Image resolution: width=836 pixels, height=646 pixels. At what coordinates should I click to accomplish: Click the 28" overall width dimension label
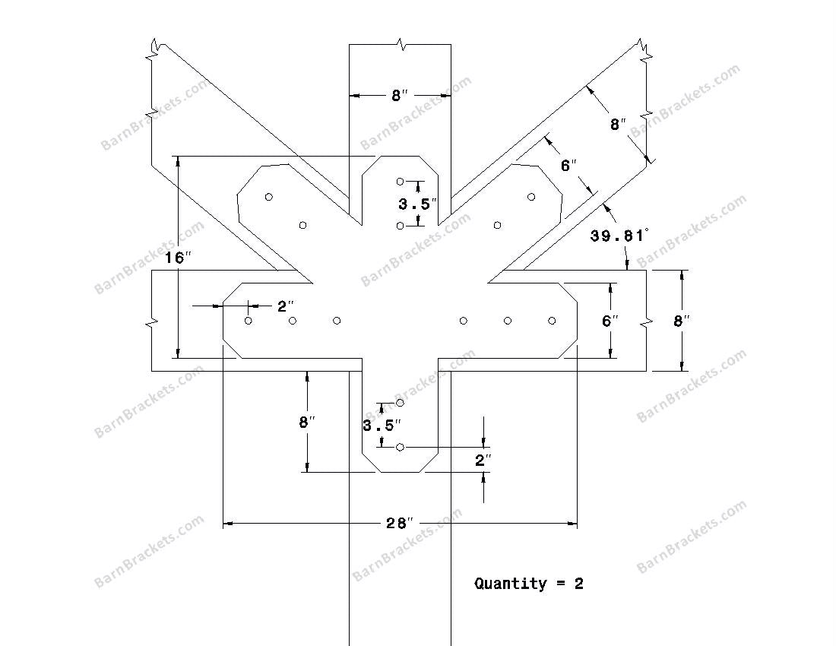point(400,524)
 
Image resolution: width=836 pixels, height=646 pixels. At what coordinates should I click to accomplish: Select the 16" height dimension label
point(178,258)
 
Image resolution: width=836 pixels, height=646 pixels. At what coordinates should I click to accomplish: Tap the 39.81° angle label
point(619,235)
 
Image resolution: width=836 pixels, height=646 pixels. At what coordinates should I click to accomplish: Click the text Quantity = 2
point(529,584)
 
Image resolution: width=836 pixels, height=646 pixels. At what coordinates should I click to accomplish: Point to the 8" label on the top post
point(400,96)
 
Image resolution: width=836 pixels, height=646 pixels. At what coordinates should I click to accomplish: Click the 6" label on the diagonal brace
point(569,166)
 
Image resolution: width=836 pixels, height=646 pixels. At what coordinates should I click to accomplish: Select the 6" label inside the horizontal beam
point(610,321)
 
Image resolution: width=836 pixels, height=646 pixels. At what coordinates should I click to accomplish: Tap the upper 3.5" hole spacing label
point(418,204)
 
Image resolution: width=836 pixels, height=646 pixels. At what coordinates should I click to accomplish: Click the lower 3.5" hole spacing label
point(382,426)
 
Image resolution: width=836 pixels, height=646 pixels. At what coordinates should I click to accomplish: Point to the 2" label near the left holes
point(286,306)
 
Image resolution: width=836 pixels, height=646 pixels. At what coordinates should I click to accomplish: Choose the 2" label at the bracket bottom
point(483,460)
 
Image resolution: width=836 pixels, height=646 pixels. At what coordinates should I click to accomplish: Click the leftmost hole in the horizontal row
point(248,320)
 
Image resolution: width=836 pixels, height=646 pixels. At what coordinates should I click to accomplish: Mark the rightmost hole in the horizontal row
point(552,320)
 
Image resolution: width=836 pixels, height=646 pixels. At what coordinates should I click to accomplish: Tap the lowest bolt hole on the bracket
point(400,447)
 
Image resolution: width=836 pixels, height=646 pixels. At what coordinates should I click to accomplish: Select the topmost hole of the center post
point(400,182)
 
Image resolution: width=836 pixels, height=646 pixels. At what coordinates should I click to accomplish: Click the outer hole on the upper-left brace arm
point(269,197)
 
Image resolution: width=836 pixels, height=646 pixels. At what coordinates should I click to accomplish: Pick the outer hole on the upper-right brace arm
point(531,197)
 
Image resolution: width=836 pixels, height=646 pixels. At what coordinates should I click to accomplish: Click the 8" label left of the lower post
point(307,422)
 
